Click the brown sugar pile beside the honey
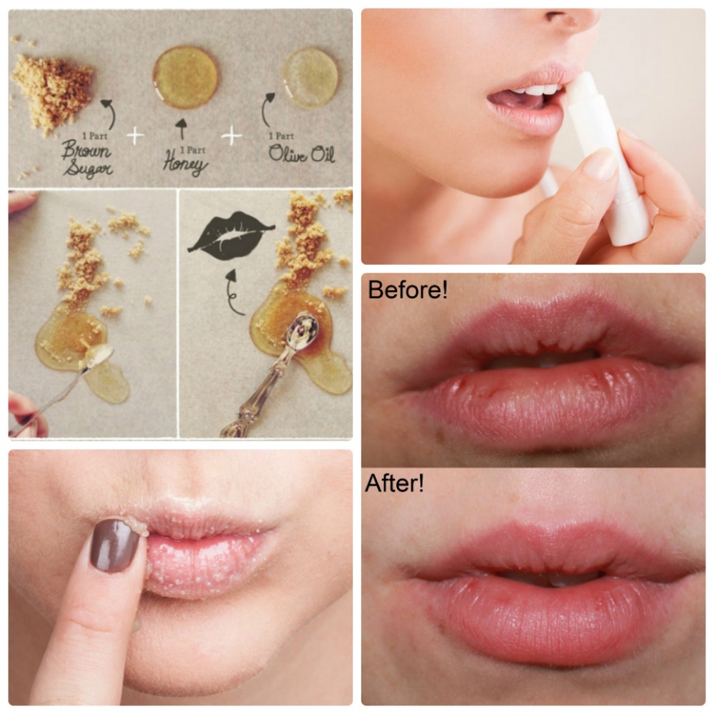(x=54, y=91)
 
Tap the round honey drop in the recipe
(x=185, y=77)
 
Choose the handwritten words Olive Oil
(x=301, y=154)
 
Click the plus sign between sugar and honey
(x=135, y=136)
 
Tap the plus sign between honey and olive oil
(x=231, y=135)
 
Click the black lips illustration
(x=231, y=236)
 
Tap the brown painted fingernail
(x=114, y=545)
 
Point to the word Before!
(x=408, y=290)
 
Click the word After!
(x=394, y=483)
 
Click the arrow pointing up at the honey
(x=181, y=129)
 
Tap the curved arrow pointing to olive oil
(x=266, y=109)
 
